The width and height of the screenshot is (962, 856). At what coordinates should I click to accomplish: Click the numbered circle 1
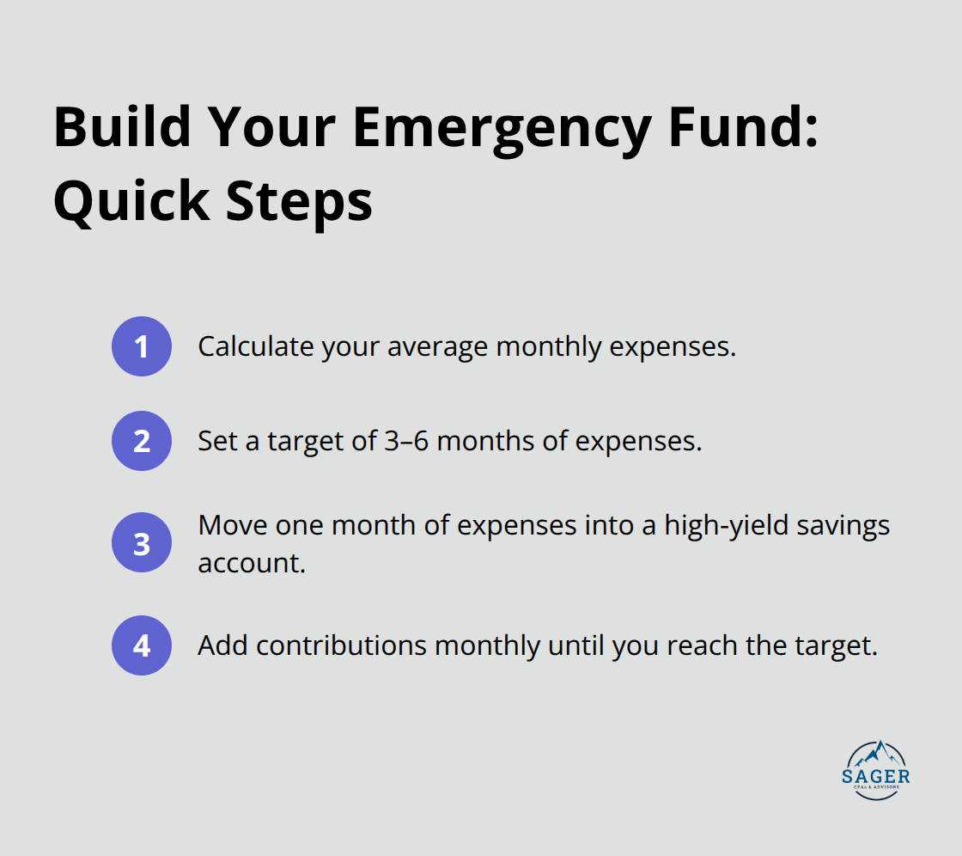coord(142,346)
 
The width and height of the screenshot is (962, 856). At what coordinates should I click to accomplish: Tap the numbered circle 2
coord(142,441)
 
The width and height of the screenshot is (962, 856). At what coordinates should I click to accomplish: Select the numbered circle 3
coord(142,543)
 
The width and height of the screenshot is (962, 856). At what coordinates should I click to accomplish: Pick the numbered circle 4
coord(142,645)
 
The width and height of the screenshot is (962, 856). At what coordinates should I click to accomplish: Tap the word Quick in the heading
coord(124,202)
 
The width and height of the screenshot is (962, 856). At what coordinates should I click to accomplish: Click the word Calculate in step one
coord(255,346)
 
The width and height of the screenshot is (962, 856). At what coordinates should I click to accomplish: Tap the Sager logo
coord(875,770)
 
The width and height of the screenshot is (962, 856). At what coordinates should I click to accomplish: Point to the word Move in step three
coord(232,525)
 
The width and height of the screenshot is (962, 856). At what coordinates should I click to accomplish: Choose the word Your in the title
coord(277,128)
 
